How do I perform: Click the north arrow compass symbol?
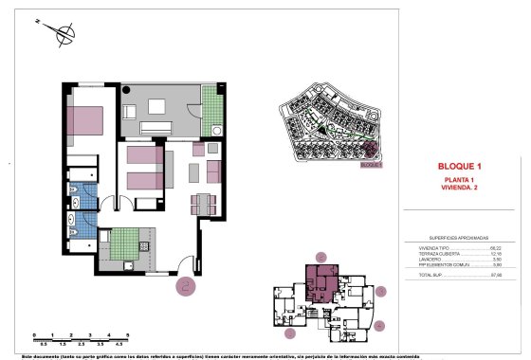pos(64,35)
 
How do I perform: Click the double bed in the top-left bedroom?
pos(88,121)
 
